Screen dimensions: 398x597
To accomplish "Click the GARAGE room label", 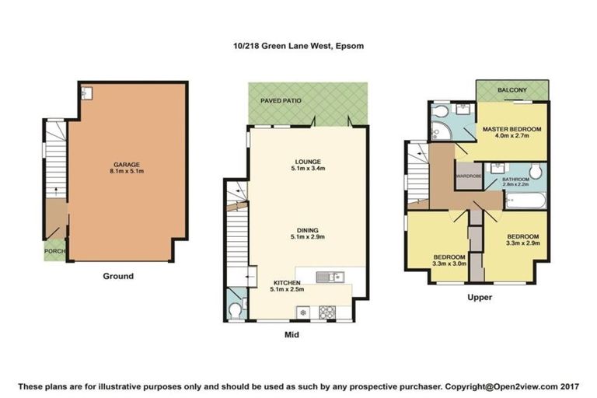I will [127, 165].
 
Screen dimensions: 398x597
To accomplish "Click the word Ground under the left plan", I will [118, 276].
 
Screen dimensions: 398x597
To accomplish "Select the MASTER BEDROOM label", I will [511, 128].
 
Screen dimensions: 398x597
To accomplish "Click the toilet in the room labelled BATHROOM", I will [536, 171].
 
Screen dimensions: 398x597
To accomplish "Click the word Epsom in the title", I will [350, 46].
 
